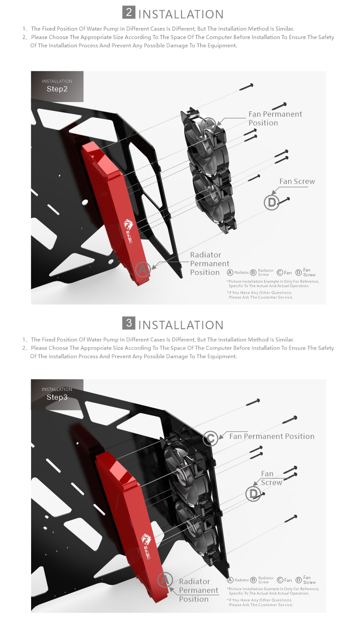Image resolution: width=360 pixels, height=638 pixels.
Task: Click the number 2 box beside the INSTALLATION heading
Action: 129,12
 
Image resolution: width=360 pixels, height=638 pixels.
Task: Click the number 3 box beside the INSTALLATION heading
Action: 129,323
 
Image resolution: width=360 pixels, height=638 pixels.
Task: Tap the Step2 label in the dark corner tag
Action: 57,89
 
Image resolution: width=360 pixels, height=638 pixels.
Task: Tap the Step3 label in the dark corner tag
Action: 57,397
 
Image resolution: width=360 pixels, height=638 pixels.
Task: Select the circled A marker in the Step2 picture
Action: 143,269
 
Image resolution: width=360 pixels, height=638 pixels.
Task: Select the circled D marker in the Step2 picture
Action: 271,202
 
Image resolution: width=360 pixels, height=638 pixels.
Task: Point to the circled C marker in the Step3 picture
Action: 210,438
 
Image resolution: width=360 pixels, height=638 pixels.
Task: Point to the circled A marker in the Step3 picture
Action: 165,580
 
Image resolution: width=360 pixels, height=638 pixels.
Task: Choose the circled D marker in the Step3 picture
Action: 253,494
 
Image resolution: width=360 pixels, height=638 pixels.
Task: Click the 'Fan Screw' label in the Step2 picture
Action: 297,181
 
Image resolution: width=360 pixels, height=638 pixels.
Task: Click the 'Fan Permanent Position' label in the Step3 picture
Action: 272,436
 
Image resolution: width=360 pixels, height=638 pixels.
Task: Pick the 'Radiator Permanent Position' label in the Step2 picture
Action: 210,264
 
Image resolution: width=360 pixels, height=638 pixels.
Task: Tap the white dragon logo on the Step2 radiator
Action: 128,224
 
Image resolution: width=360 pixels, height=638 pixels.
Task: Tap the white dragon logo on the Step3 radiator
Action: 146,538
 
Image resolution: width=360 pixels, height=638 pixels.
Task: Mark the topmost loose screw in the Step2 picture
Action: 246,87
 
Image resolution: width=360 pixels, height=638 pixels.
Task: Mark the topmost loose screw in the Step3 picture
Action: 253,402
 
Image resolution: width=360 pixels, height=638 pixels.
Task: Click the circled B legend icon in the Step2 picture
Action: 253,272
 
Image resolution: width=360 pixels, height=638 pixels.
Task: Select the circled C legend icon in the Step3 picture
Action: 280,580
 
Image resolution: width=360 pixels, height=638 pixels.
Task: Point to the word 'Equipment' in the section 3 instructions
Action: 222,356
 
